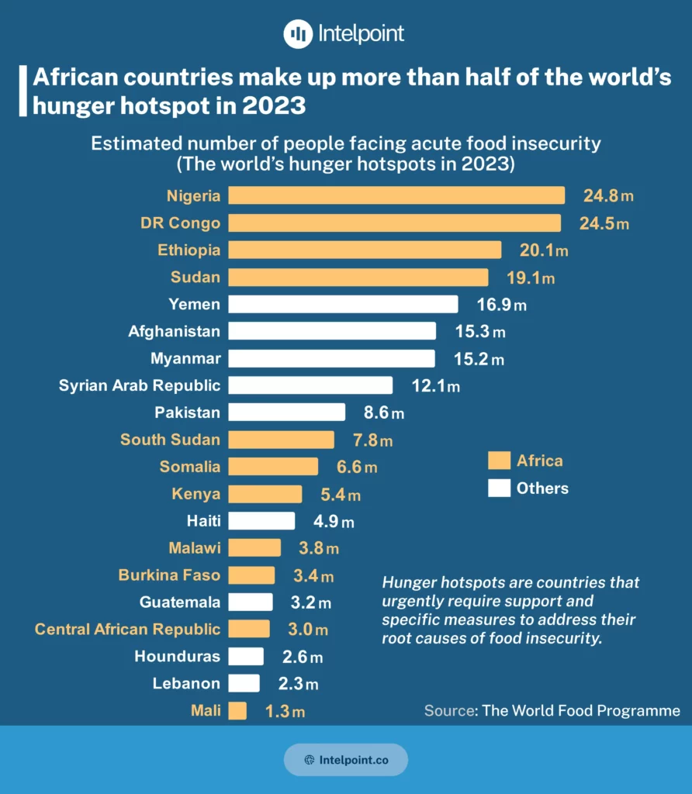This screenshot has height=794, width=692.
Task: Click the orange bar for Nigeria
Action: click(396, 195)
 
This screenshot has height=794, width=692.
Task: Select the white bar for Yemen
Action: click(344, 304)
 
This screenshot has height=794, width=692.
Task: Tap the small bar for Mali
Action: click(237, 711)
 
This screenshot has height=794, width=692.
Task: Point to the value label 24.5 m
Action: click(604, 223)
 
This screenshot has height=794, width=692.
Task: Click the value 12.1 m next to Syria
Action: click(435, 385)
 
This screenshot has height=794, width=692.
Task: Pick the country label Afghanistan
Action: click(175, 331)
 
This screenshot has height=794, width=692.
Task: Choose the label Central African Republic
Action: click(127, 630)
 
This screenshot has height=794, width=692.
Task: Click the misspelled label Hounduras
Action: click(177, 657)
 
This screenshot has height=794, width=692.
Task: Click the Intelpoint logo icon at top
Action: click(297, 34)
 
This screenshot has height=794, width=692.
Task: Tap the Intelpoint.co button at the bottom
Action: click(346, 760)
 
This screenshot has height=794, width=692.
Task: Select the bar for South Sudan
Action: click(282, 440)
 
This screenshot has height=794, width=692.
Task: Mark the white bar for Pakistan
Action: click(287, 413)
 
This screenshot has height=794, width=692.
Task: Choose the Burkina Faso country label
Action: click(169, 575)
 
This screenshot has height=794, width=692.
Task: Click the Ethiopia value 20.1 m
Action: click(542, 250)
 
